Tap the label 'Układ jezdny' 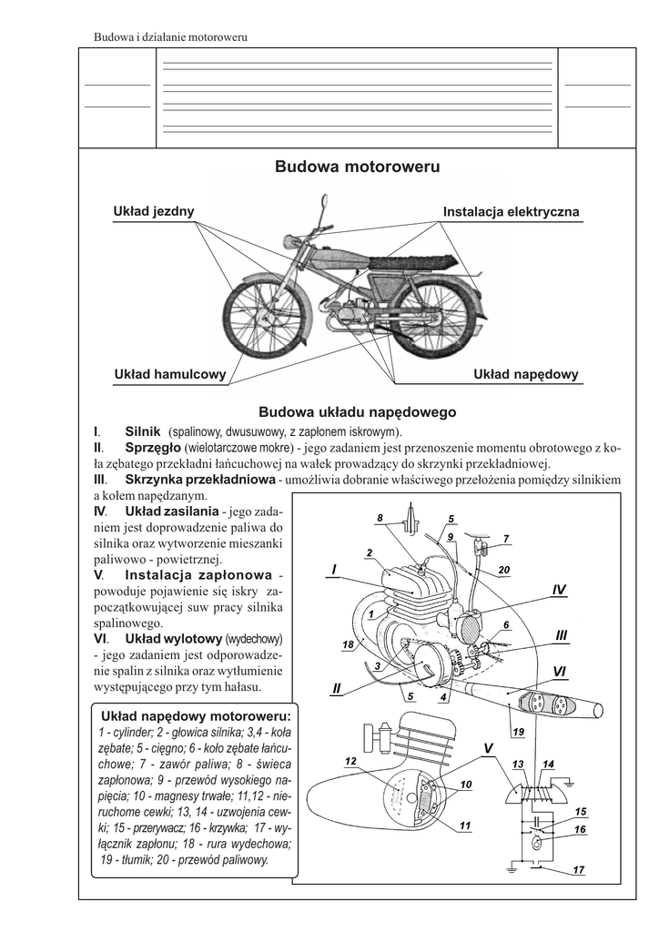click(x=153, y=211)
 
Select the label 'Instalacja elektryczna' click(x=511, y=212)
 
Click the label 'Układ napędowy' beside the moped click(x=526, y=374)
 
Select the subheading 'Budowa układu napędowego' click(x=358, y=412)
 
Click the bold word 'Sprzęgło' click(x=152, y=448)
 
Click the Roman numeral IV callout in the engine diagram click(x=559, y=591)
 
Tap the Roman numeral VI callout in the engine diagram click(x=559, y=670)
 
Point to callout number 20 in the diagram click(x=504, y=570)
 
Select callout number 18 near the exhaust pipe click(x=347, y=644)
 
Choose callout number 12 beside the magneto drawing click(x=350, y=760)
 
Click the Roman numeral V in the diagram click(x=488, y=747)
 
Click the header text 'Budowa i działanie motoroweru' click(x=172, y=37)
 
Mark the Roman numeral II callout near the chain click(x=336, y=688)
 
